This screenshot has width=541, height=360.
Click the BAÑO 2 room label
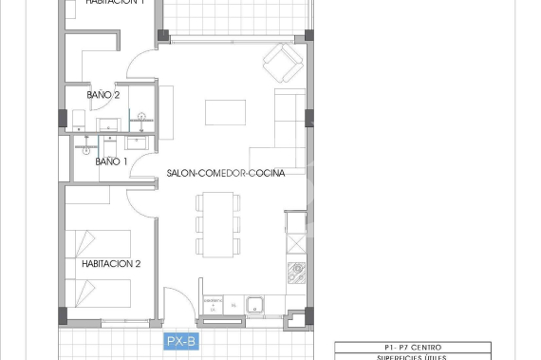[x=103, y=96]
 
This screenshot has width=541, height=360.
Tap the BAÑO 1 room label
[x=112, y=162]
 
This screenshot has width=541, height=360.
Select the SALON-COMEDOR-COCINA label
[x=225, y=174]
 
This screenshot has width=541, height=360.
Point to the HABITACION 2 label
[x=111, y=264]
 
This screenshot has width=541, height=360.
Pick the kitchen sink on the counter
[x=255, y=305]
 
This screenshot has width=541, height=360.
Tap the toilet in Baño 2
[x=79, y=119]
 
